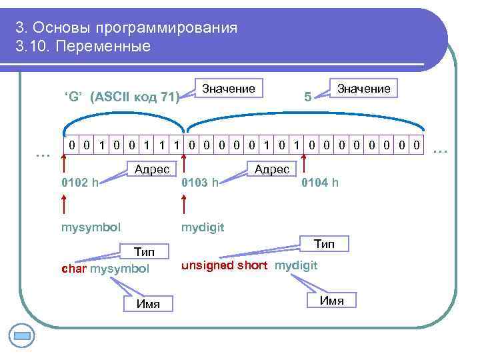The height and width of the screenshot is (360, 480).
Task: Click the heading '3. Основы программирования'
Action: (127, 28)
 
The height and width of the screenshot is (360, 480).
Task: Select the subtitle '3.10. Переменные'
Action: (83, 47)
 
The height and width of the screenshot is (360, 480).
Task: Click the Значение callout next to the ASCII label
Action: (228, 88)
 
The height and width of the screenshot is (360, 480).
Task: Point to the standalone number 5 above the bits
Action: (307, 97)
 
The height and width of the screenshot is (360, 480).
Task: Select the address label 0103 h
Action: (200, 182)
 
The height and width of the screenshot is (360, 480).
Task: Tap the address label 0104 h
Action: (320, 182)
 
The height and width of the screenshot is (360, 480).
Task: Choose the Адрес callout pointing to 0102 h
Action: (151, 169)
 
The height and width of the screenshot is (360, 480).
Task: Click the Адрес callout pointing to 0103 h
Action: (271, 169)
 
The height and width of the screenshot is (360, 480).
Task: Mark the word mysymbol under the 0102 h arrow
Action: (91, 228)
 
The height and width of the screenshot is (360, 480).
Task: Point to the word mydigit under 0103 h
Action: (203, 228)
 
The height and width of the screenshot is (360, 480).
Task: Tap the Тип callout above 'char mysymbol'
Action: (144, 252)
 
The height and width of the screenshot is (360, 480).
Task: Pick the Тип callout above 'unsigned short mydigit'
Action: (324, 244)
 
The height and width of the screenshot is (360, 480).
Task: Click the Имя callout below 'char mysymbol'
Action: (147, 304)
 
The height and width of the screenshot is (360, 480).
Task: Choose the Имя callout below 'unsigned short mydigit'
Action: (331, 300)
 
